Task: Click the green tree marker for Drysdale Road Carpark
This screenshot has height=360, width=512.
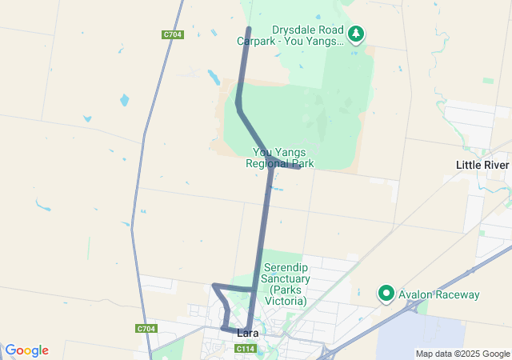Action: click(356, 34)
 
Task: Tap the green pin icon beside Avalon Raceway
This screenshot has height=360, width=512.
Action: click(386, 294)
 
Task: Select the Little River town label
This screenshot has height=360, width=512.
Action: click(482, 165)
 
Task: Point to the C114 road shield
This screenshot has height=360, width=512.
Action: click(245, 349)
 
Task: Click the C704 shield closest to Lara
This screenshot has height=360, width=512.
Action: click(146, 329)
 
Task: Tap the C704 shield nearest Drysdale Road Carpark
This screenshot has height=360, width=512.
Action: click(172, 34)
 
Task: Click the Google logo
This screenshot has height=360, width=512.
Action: click(26, 350)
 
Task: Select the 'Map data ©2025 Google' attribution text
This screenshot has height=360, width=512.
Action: click(462, 354)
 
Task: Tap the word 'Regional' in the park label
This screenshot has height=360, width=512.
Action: click(268, 163)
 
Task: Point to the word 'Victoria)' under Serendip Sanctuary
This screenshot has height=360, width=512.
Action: click(289, 301)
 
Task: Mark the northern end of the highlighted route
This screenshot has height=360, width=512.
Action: click(248, 30)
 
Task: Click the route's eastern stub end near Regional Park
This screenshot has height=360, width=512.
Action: click(298, 167)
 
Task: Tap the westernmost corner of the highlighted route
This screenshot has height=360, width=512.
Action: click(214, 286)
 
